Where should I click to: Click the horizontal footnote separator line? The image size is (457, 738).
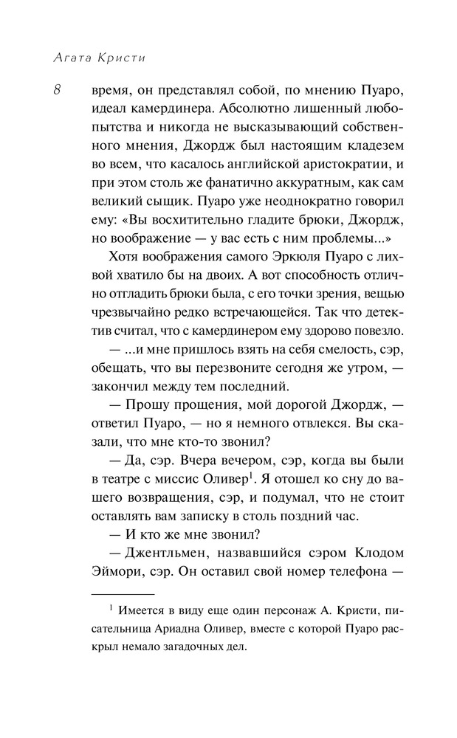123,591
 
